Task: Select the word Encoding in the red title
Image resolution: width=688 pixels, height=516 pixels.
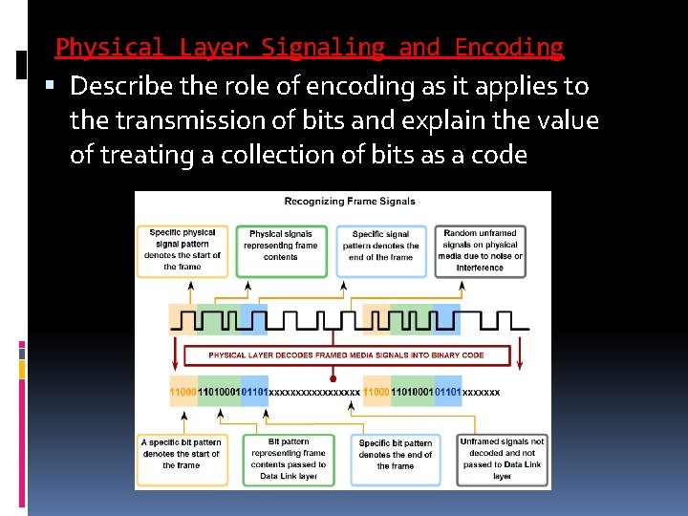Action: tap(508, 47)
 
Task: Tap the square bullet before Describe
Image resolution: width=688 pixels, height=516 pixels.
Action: tap(53, 86)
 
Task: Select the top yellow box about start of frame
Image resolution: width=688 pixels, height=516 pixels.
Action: tap(182, 250)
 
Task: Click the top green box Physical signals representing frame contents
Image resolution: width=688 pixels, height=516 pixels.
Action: tap(281, 250)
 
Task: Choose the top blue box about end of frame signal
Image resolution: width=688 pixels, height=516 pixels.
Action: tap(380, 250)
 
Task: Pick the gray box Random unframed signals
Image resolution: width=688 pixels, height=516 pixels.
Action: tap(480, 250)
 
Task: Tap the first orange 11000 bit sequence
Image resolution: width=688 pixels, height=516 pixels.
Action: tap(183, 392)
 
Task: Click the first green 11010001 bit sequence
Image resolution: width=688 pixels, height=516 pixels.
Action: tap(219, 392)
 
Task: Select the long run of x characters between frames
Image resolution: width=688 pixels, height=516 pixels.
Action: tap(314, 392)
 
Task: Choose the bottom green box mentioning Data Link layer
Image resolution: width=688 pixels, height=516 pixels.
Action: tap(289, 458)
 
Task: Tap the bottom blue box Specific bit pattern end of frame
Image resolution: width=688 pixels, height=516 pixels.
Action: tap(395, 454)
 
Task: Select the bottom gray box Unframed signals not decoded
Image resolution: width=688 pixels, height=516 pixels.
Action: tap(502, 458)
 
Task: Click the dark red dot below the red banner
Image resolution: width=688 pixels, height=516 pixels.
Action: tap(333, 379)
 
